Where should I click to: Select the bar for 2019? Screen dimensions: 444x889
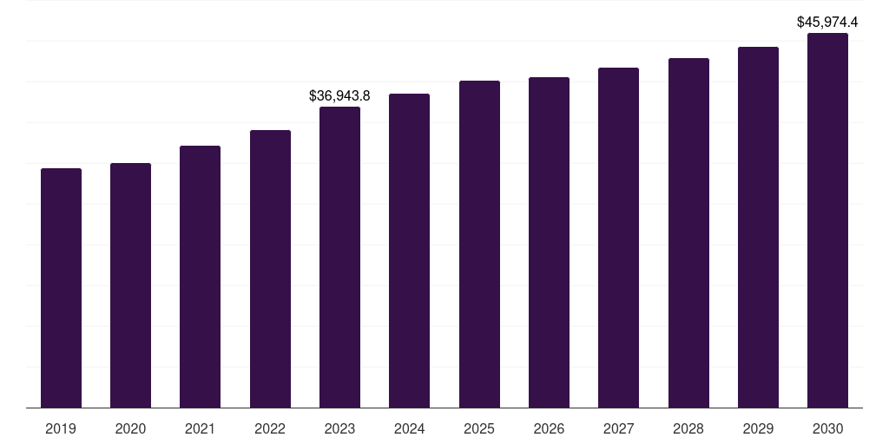(61, 288)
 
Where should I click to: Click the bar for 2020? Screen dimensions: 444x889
(130, 285)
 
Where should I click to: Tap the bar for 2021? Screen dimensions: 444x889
(200, 277)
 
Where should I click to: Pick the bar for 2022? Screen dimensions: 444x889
(270, 269)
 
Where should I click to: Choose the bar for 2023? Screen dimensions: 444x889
(339, 257)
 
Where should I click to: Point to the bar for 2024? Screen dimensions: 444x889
(409, 251)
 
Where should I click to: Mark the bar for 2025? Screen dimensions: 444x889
(479, 244)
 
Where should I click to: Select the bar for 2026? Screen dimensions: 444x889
(549, 242)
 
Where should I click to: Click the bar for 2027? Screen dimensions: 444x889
(618, 238)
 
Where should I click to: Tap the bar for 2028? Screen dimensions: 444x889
(688, 232)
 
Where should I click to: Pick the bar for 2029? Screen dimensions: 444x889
(758, 227)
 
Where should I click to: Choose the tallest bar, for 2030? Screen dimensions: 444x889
(827, 220)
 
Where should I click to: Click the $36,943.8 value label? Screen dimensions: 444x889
(339, 96)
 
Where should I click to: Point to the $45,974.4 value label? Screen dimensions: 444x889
(827, 23)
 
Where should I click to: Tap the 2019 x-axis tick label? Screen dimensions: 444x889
(61, 429)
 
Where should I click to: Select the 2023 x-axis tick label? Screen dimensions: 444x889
(339, 429)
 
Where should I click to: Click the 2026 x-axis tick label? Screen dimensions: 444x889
(549, 429)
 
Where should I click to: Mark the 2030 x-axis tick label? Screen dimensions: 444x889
(827, 429)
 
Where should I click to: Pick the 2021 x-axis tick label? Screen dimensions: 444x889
(200, 429)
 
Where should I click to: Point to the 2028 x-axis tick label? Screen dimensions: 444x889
(688, 429)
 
